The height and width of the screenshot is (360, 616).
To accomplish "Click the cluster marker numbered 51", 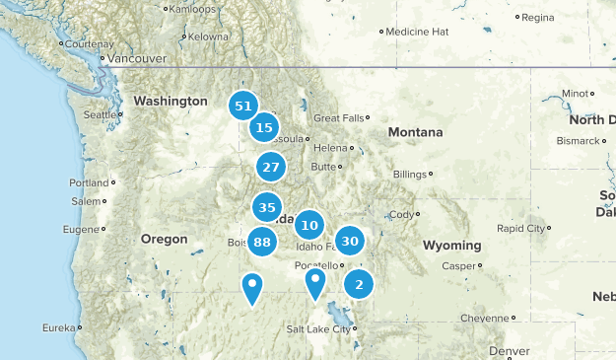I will click(x=243, y=106).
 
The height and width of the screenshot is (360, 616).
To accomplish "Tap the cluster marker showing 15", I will click(x=263, y=127).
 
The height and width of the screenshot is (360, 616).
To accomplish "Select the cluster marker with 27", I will click(x=271, y=167).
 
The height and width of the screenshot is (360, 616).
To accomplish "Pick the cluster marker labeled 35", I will click(x=265, y=207).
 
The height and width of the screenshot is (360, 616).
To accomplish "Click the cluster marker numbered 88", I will click(x=261, y=242).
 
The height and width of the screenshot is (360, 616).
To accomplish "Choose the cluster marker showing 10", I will click(x=309, y=225).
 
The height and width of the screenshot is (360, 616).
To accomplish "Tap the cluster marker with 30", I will click(x=349, y=241).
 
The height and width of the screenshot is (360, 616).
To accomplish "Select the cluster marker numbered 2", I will click(x=359, y=285).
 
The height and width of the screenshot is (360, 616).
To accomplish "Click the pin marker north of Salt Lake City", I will click(x=314, y=283).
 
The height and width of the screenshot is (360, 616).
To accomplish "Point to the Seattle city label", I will click(x=99, y=114).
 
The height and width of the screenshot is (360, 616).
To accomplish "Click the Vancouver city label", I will click(x=136, y=58).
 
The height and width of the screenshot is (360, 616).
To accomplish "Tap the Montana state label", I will click(x=415, y=132).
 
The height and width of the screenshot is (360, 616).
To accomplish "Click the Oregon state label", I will click(x=164, y=239).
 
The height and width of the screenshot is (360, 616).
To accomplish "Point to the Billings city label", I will click(x=409, y=175).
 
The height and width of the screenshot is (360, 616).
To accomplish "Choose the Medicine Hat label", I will click(x=416, y=32).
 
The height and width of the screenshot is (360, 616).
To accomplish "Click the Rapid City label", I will click(x=521, y=228).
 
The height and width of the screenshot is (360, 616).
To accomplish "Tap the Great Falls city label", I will click(x=339, y=118).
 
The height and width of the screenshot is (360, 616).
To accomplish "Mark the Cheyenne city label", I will click(x=487, y=318).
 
